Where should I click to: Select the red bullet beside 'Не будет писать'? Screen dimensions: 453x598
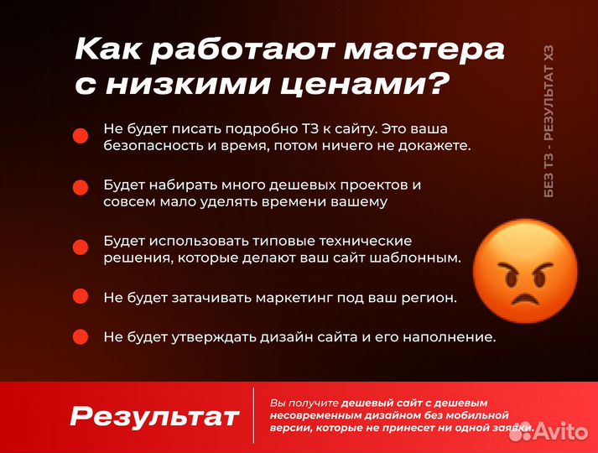[x=81, y=137]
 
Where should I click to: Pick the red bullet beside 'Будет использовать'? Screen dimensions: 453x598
[x=81, y=247]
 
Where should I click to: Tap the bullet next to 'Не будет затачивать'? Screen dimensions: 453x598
[x=81, y=296]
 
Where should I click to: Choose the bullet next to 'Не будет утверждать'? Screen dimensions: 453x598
[x=81, y=336]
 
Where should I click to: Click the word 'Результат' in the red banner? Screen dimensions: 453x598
[x=154, y=416]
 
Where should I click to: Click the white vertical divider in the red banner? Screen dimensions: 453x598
[x=253, y=415]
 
